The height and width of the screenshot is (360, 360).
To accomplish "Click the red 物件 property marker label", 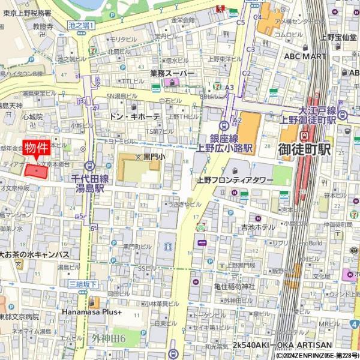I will tap(35, 148).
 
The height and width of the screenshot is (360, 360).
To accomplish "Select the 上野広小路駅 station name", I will tap(224, 148).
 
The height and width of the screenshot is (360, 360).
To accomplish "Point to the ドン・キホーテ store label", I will tap(136, 116).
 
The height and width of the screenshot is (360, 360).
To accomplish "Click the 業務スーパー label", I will tap(173, 73).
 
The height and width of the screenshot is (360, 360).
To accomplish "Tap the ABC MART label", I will tap(305, 56).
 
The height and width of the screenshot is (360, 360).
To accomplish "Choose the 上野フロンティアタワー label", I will tap(235, 180).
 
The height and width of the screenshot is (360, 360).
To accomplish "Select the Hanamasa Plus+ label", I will tap(92, 313).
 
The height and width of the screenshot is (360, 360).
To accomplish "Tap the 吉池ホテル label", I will tap(258, 227).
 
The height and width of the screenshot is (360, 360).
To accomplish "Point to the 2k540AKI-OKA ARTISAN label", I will tap(282, 345).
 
